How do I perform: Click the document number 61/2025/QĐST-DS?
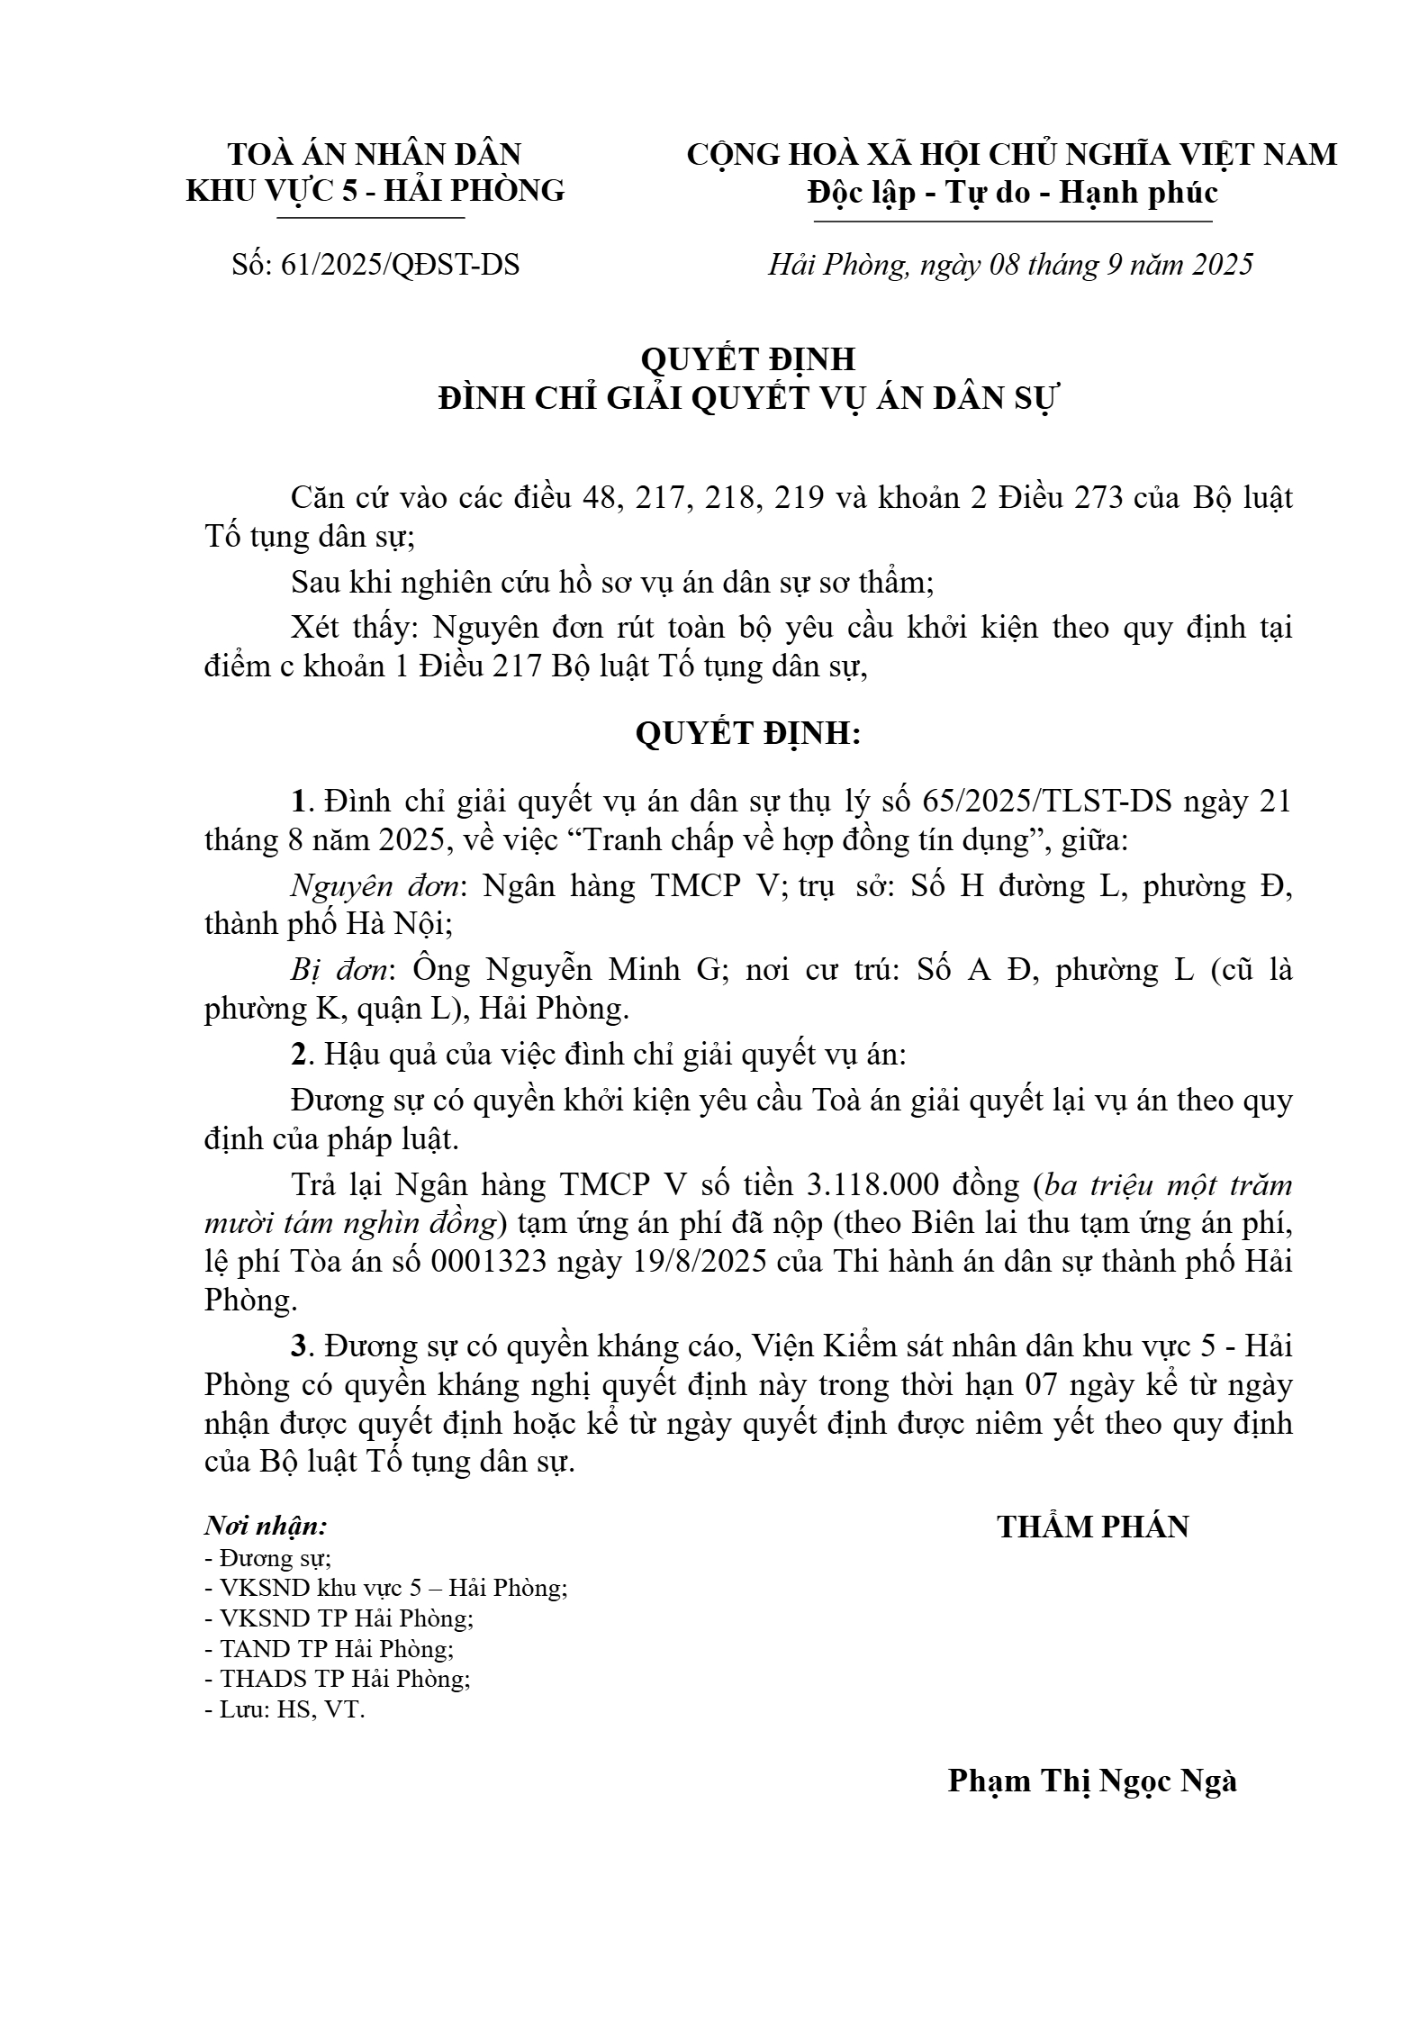point(400,265)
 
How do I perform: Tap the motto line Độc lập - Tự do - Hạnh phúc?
point(1012,192)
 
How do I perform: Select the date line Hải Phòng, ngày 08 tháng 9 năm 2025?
point(1010,265)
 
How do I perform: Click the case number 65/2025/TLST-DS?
point(1048,801)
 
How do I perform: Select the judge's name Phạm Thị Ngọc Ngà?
point(1092,1781)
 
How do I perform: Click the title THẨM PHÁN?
point(1093,1527)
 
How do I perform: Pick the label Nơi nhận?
point(266,1527)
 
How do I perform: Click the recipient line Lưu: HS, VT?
point(285,1709)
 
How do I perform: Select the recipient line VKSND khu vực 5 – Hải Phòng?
point(387,1588)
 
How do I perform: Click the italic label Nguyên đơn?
point(375,886)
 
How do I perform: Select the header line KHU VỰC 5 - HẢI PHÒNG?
point(375,190)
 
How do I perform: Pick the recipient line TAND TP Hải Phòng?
point(330,1648)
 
